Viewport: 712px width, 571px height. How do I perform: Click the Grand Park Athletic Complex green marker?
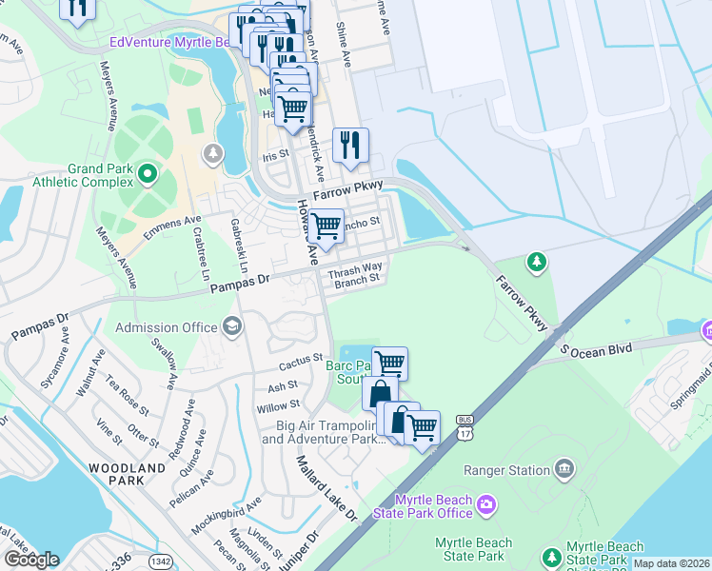[x=147, y=173]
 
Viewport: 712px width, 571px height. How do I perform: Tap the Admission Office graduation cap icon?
[x=231, y=327]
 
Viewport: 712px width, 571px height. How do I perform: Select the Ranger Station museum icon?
[x=564, y=469]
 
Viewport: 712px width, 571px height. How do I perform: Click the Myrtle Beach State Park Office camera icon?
[x=486, y=502]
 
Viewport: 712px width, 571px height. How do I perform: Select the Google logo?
[x=30, y=559]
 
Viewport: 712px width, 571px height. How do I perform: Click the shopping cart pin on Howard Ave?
[x=326, y=226]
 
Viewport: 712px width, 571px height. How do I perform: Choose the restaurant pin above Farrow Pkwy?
[x=350, y=145]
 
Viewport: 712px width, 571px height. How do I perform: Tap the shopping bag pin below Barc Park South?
[x=380, y=392]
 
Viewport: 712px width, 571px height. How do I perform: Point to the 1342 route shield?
[x=161, y=561]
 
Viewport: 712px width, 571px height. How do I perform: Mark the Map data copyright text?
[x=671, y=563]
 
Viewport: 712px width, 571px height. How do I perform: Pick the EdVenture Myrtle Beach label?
[x=171, y=42]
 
